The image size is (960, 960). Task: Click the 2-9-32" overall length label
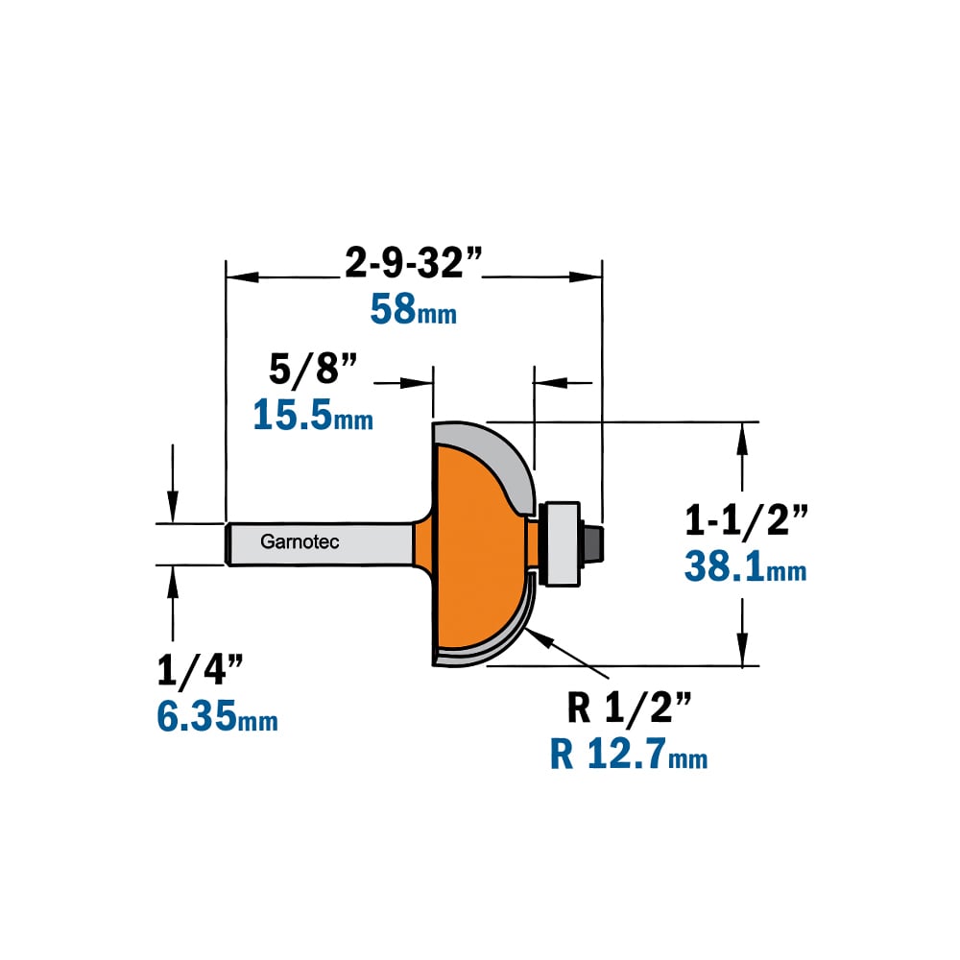click(413, 263)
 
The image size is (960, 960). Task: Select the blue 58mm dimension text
click(413, 309)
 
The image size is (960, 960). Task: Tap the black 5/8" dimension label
click(313, 370)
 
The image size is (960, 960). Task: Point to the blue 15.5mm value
click(313, 415)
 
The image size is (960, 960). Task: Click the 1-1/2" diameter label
click(746, 521)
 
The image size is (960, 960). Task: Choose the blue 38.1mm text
click(746, 566)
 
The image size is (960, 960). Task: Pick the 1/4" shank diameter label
click(201, 670)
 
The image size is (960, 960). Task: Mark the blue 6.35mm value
click(217, 716)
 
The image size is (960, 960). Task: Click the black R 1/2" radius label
click(630, 708)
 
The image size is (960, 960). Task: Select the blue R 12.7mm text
click(629, 754)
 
